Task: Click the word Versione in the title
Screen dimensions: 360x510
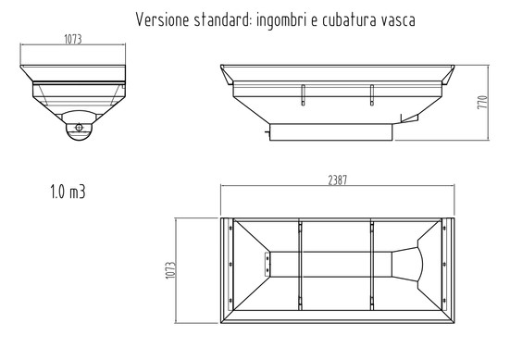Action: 161,19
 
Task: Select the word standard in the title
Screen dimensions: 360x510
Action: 219,19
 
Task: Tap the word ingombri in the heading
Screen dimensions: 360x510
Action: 282,19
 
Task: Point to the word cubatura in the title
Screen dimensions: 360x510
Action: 344,19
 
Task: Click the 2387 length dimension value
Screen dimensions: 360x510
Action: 336,180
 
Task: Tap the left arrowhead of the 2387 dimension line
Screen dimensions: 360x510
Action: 223,187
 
